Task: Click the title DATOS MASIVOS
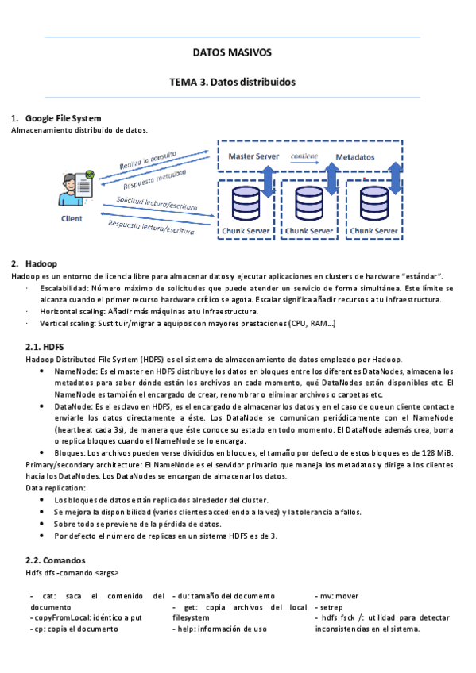[232, 52]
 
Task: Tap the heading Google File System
[63, 118]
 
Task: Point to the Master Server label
[253, 156]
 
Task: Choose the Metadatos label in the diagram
[354, 157]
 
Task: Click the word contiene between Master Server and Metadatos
[305, 156]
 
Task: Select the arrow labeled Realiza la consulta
[155, 157]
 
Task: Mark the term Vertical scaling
[68, 324]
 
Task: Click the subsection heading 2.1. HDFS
[45, 347]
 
